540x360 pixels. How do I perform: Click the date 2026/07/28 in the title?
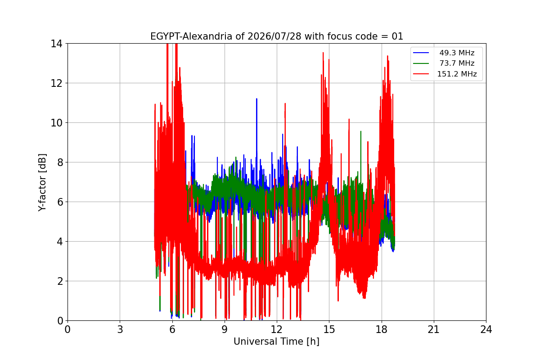tap(274, 36)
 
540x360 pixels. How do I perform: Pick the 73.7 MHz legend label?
tap(457, 63)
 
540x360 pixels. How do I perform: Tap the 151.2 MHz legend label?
tap(457, 74)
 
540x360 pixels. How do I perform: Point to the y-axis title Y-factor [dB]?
tap(42, 183)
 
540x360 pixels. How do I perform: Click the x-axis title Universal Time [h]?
tap(276, 342)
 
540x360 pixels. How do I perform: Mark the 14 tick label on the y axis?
tap(56, 44)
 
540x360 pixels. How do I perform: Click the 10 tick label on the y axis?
tap(56, 123)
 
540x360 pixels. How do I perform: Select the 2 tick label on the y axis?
tap(60, 281)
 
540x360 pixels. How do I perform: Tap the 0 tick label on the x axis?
tap(67, 329)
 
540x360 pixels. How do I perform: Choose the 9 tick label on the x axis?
tap(225, 329)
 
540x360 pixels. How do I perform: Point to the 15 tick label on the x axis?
tap(329, 329)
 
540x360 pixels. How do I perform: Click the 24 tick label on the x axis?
tap(486, 329)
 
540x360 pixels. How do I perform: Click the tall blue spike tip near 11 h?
tap(256, 99)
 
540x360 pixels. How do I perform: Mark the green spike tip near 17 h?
tap(360, 131)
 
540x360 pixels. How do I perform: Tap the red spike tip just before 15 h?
tap(323, 53)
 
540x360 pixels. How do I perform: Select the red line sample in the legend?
tap(421, 74)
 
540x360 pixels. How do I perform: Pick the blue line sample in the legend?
tap(421, 53)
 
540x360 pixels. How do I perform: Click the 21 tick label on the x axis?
tap(434, 329)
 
